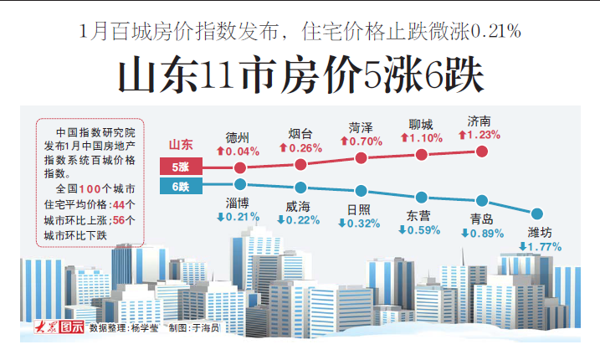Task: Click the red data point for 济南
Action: point(482,151)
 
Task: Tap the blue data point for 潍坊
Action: point(538,214)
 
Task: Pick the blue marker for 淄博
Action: point(240,183)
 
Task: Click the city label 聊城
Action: point(421,123)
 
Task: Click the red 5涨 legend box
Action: point(182,167)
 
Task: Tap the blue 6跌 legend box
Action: point(182,185)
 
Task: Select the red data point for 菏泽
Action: point(362,157)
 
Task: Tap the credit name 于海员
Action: point(205,330)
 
